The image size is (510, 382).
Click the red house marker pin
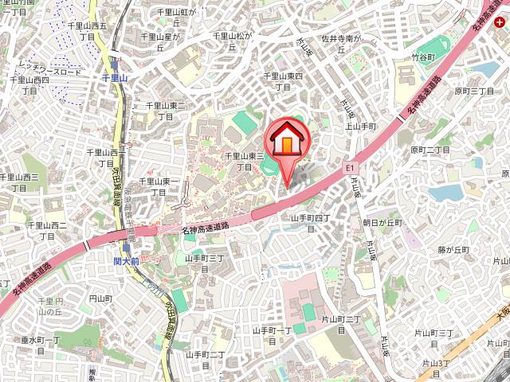tap(288, 141)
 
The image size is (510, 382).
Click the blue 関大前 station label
tap(126, 260)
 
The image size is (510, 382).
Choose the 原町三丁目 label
tap(475, 92)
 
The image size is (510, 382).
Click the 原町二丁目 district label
tap(430, 150)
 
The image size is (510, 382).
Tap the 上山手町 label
tap(360, 127)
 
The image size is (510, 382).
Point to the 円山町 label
tap(101, 298)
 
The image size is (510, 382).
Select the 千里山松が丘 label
tap(232, 41)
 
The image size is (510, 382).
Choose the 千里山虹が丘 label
tap(177, 18)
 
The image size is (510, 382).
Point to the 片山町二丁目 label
tap(342, 324)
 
